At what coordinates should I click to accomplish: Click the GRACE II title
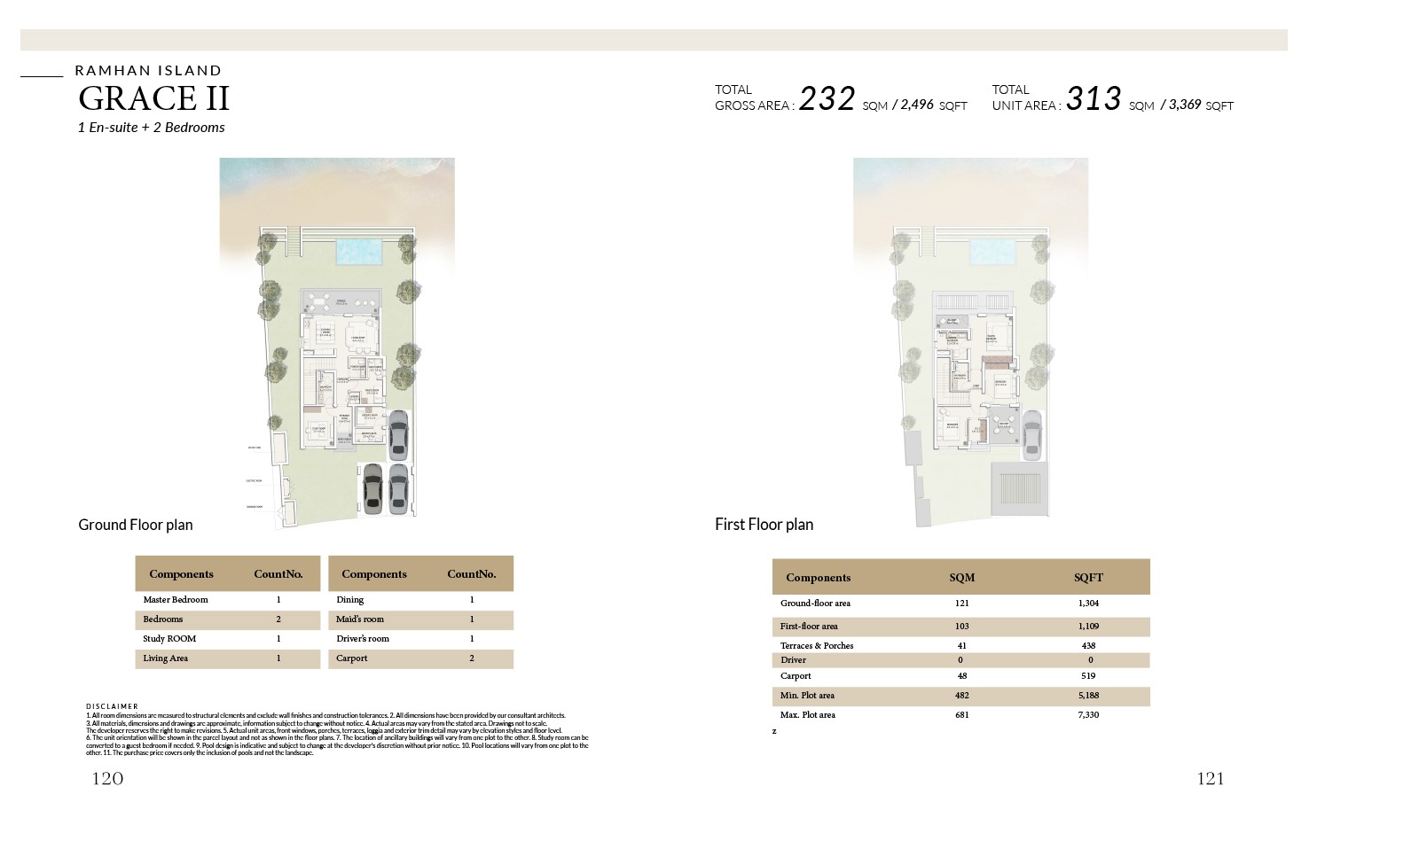pos(154,98)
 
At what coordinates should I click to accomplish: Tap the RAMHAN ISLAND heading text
pos(148,71)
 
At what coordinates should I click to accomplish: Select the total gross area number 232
pos(827,98)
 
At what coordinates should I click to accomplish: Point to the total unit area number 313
pos(1094,98)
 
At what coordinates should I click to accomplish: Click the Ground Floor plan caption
pos(136,525)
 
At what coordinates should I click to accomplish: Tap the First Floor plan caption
pos(764,525)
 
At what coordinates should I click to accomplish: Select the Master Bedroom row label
pos(176,600)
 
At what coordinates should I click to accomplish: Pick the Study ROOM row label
pos(169,639)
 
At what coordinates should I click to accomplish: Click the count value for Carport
pos(472,658)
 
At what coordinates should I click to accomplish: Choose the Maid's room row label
pos(360,619)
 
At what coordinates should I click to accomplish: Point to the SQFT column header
pos(1088,578)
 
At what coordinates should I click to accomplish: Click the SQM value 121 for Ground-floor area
pos(962,604)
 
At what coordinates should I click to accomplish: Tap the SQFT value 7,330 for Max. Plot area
pos(1088,715)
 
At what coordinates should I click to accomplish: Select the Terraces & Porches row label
pos(817,646)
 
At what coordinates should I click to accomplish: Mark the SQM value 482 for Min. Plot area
pos(962,696)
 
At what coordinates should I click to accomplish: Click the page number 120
pos(107,779)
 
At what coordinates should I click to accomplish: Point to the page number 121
pos(1211,779)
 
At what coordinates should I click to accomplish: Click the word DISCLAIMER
pos(112,706)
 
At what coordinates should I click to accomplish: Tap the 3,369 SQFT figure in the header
pos(1185,105)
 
